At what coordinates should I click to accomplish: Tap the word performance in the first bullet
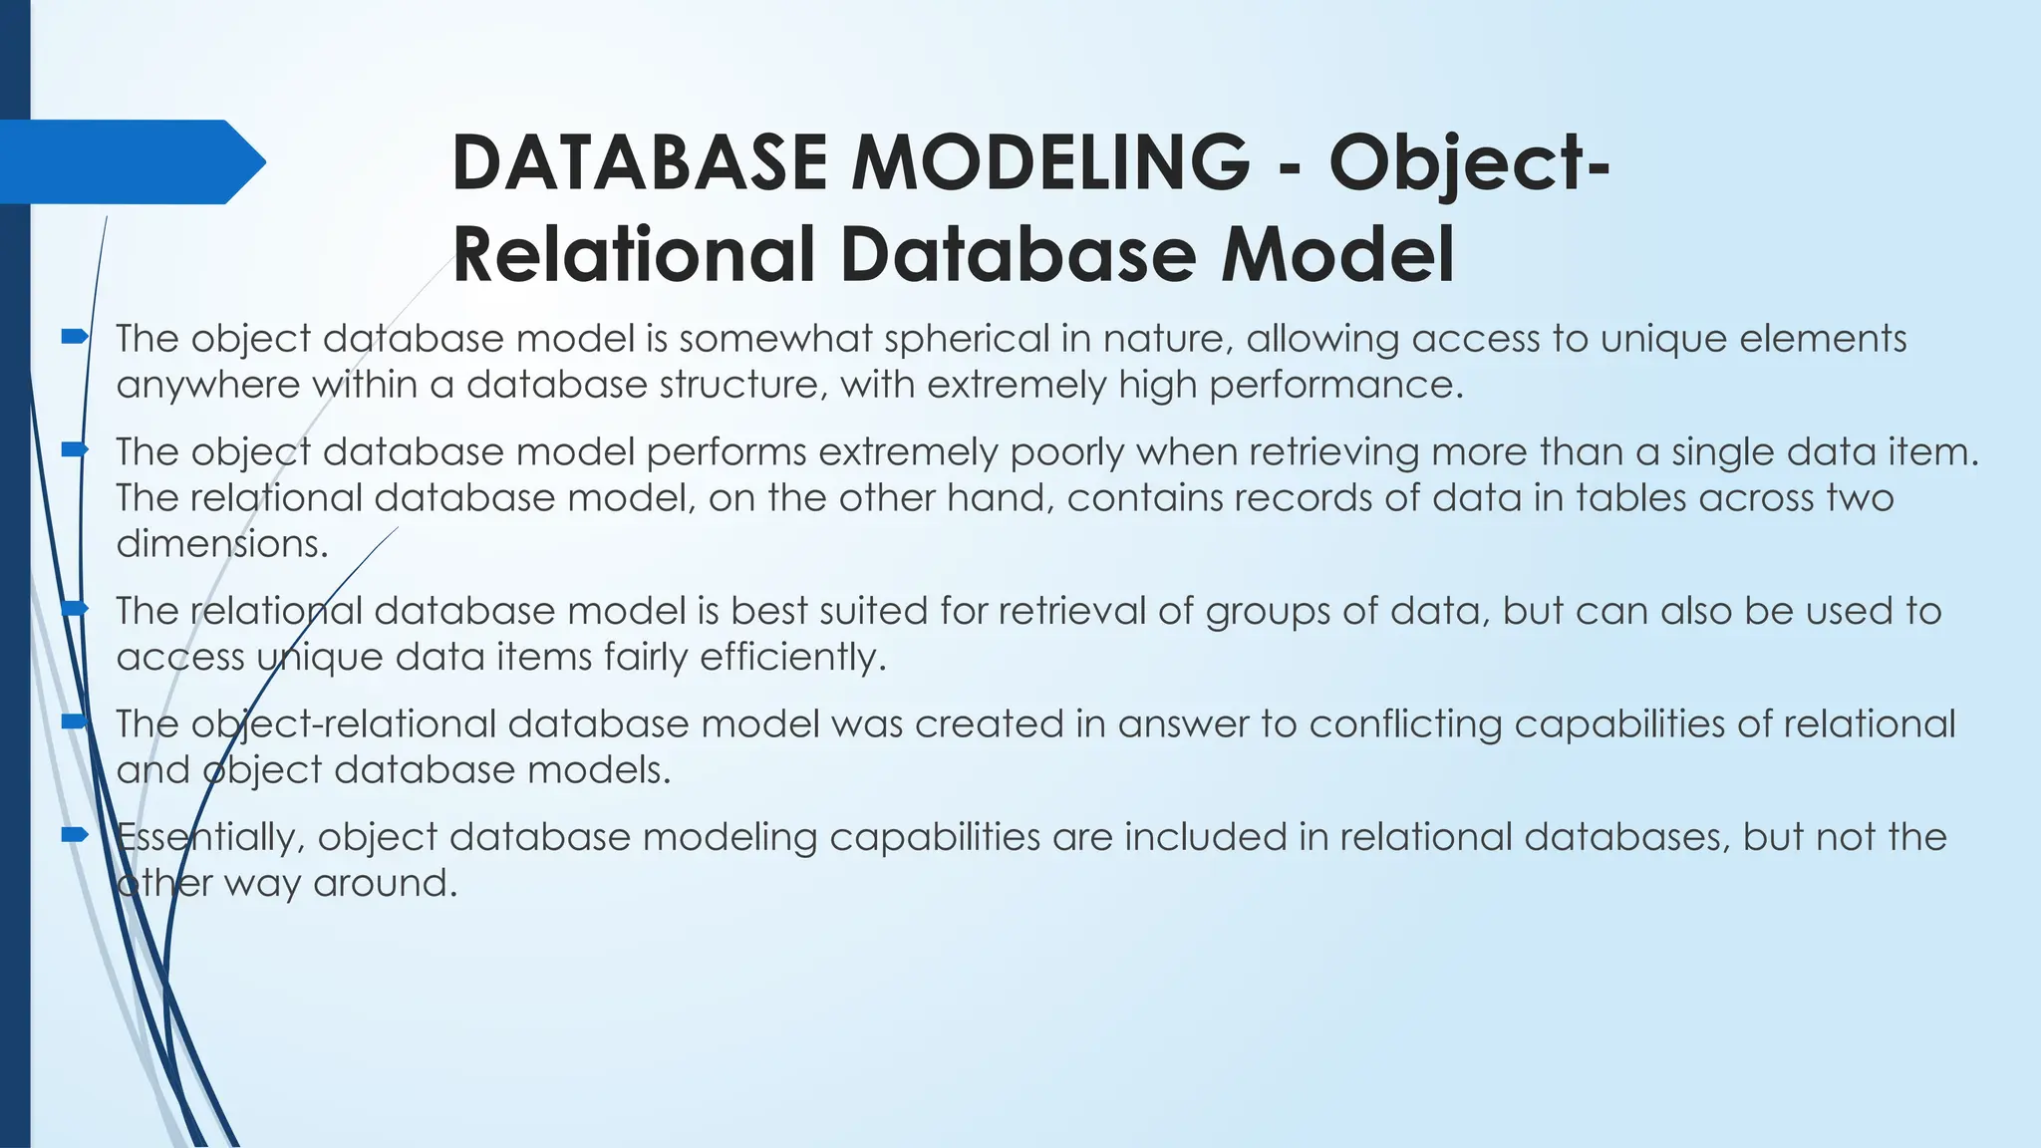coord(1334,385)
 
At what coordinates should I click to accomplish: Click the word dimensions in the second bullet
coord(221,544)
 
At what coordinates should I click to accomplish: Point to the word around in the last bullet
coord(385,883)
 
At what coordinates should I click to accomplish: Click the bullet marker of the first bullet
coord(75,338)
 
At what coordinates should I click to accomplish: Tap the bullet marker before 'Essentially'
coord(75,835)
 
